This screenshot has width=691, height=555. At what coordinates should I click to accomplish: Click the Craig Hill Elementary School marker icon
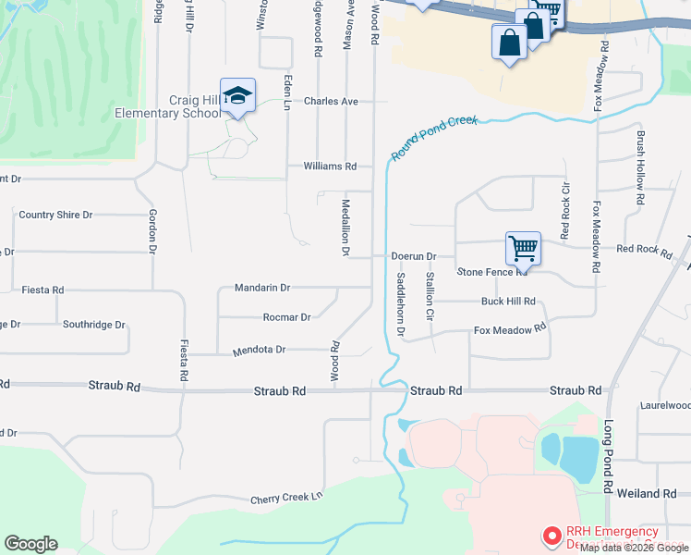click(x=237, y=97)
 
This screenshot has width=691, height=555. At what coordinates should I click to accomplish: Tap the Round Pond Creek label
click(x=434, y=138)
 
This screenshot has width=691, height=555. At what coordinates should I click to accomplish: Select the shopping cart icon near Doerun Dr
click(x=523, y=248)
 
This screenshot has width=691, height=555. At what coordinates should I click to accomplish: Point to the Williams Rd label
click(x=330, y=166)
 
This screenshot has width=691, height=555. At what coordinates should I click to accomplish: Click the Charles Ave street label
click(x=331, y=101)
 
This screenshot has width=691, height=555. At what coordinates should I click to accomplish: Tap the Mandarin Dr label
click(x=262, y=288)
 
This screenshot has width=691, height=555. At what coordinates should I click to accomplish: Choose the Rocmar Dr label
click(x=286, y=317)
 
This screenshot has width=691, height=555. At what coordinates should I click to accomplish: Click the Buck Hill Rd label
click(x=508, y=302)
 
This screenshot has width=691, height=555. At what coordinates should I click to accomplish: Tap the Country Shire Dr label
click(x=55, y=215)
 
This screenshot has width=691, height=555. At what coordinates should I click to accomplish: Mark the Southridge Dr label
click(x=93, y=325)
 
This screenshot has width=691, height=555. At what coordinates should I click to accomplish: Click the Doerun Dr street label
click(x=413, y=255)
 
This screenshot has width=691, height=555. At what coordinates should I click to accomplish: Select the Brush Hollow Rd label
click(x=639, y=166)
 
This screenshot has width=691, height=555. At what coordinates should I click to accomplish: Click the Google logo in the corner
click(x=30, y=544)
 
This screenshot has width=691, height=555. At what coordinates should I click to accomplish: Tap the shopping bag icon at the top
click(x=510, y=43)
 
